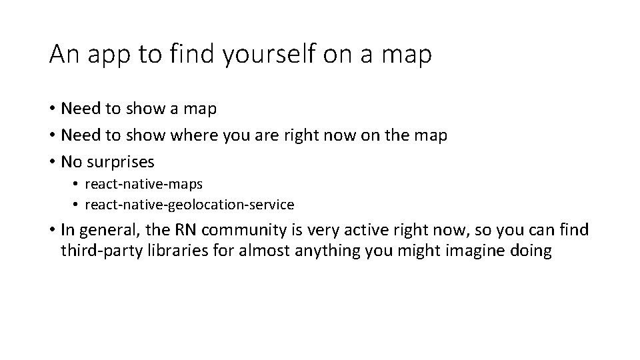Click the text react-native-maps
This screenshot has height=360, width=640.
pyautogui.click(x=143, y=183)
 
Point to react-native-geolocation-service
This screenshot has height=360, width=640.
pyautogui.click(x=189, y=205)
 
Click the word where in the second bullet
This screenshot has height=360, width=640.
pyautogui.click(x=192, y=135)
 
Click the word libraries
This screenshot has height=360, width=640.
pyautogui.click(x=167, y=251)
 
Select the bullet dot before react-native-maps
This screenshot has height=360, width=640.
pyautogui.click(x=77, y=183)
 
